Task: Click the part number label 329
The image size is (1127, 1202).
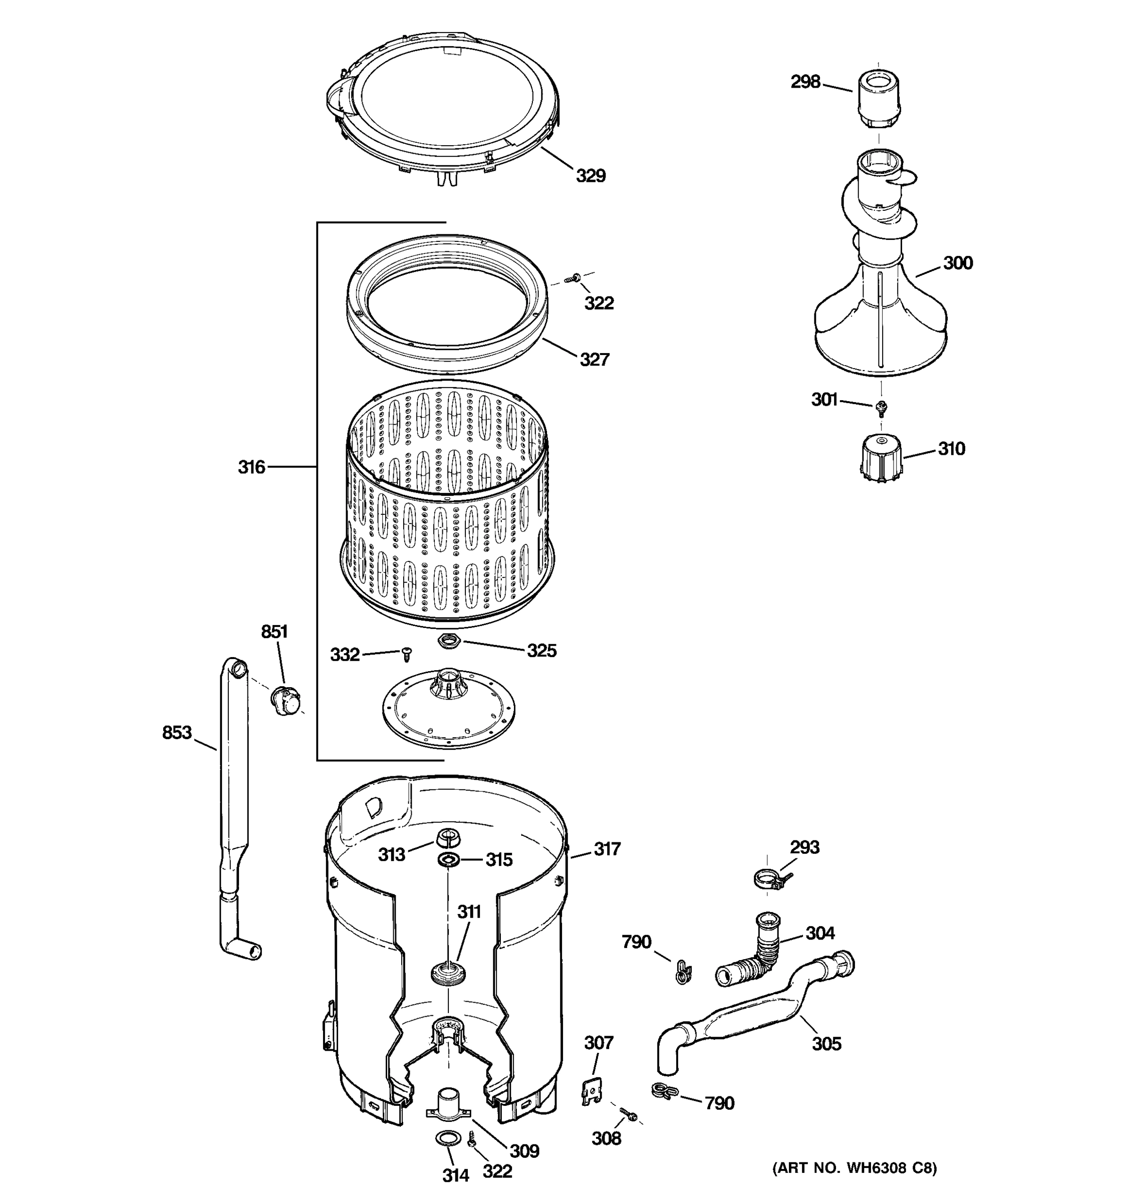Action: [x=590, y=176]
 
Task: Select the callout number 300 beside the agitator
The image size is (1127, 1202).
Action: [x=958, y=263]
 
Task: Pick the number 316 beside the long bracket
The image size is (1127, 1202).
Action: [x=251, y=467]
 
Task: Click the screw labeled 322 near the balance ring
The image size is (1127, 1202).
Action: [x=572, y=278]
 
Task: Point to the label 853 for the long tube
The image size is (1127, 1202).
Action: [x=176, y=733]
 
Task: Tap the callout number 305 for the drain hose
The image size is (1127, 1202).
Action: [x=826, y=1044]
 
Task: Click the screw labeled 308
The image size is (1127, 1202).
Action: [x=629, y=1114]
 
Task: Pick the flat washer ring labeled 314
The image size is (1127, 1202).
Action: [x=447, y=1138]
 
